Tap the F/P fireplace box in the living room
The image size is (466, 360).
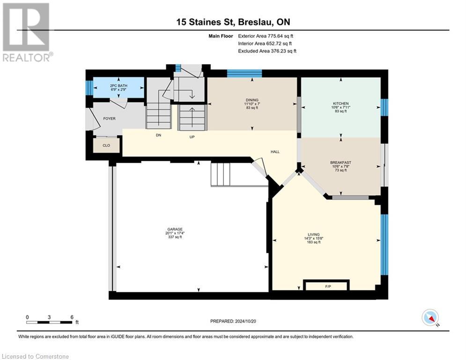click(326, 285)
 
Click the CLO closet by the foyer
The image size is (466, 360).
click(106, 145)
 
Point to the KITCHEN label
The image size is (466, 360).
click(340, 104)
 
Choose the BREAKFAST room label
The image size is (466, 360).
click(340, 163)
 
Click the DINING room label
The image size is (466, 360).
click(252, 99)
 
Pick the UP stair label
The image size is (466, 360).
click(192, 137)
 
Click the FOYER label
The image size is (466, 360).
click(109, 119)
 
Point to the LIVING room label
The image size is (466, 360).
click(313, 234)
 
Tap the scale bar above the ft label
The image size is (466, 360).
click(49, 322)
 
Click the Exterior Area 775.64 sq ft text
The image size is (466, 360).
click(266, 36)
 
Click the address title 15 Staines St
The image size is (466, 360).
click(206, 22)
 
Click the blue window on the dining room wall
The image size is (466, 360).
click(244, 73)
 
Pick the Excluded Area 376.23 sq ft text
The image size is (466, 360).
click(267, 51)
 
